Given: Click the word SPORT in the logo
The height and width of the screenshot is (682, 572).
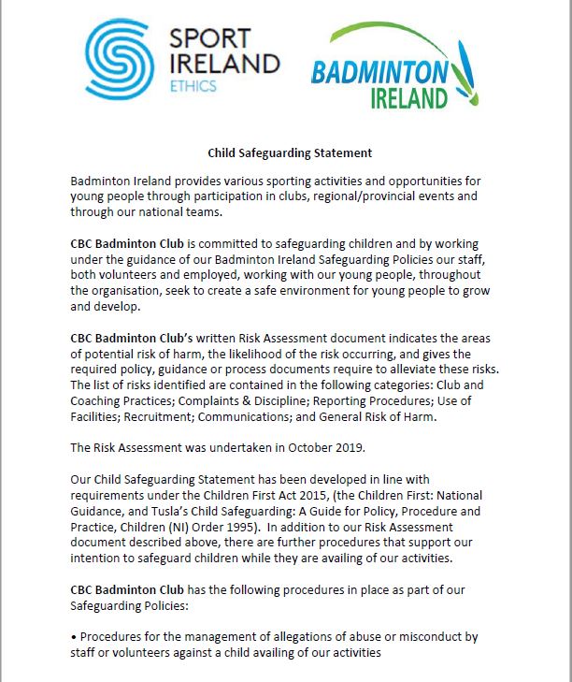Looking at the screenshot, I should tap(211, 39).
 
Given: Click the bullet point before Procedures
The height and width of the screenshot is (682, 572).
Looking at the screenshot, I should tap(73, 637).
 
